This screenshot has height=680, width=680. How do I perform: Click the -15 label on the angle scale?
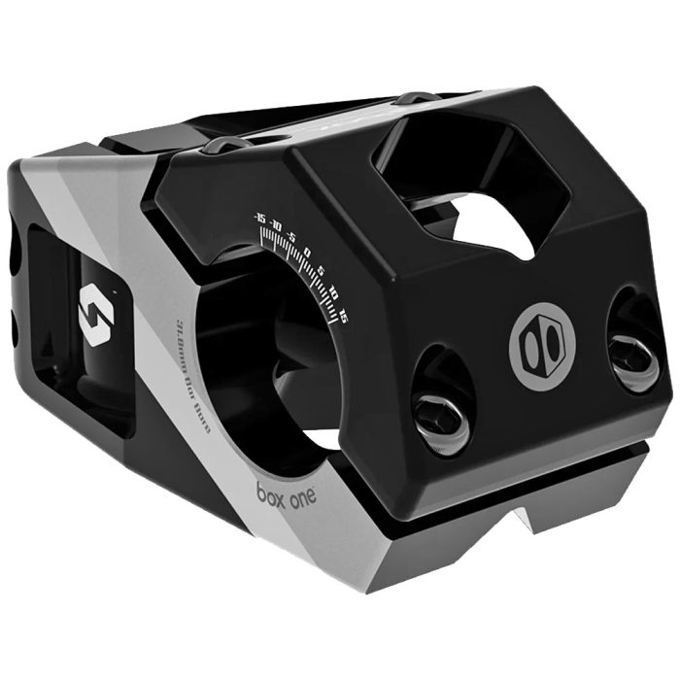coord(258,216)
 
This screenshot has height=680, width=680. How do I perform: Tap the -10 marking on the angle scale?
coord(276,226)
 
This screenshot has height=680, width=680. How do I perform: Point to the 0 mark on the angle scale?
coord(307,254)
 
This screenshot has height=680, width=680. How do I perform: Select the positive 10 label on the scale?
coord(333,290)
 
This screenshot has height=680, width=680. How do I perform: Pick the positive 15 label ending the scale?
coord(342,311)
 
